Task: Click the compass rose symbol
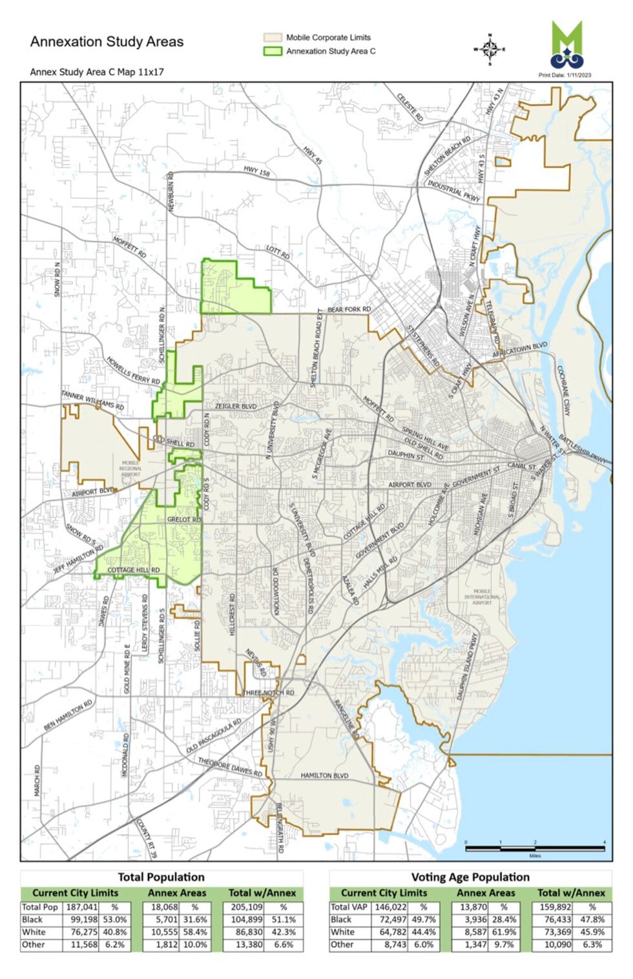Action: point(490,48)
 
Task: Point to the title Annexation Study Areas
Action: point(107,42)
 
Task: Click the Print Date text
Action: point(565,75)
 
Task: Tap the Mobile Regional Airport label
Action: point(130,468)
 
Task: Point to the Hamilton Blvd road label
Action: point(324,775)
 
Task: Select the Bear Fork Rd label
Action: point(349,310)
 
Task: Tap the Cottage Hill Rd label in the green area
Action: point(134,570)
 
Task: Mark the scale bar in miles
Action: point(535,848)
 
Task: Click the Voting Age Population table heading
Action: point(470,877)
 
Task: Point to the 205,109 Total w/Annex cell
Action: point(247,907)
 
